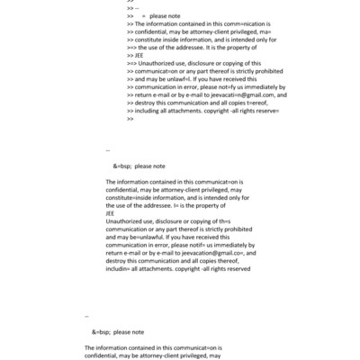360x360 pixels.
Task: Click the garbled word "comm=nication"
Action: (237, 24)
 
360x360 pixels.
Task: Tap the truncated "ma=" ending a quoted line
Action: (286, 32)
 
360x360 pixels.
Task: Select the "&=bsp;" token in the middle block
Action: (122, 166)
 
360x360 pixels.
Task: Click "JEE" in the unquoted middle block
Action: (111, 213)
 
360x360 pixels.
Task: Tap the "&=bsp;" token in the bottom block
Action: (102, 331)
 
